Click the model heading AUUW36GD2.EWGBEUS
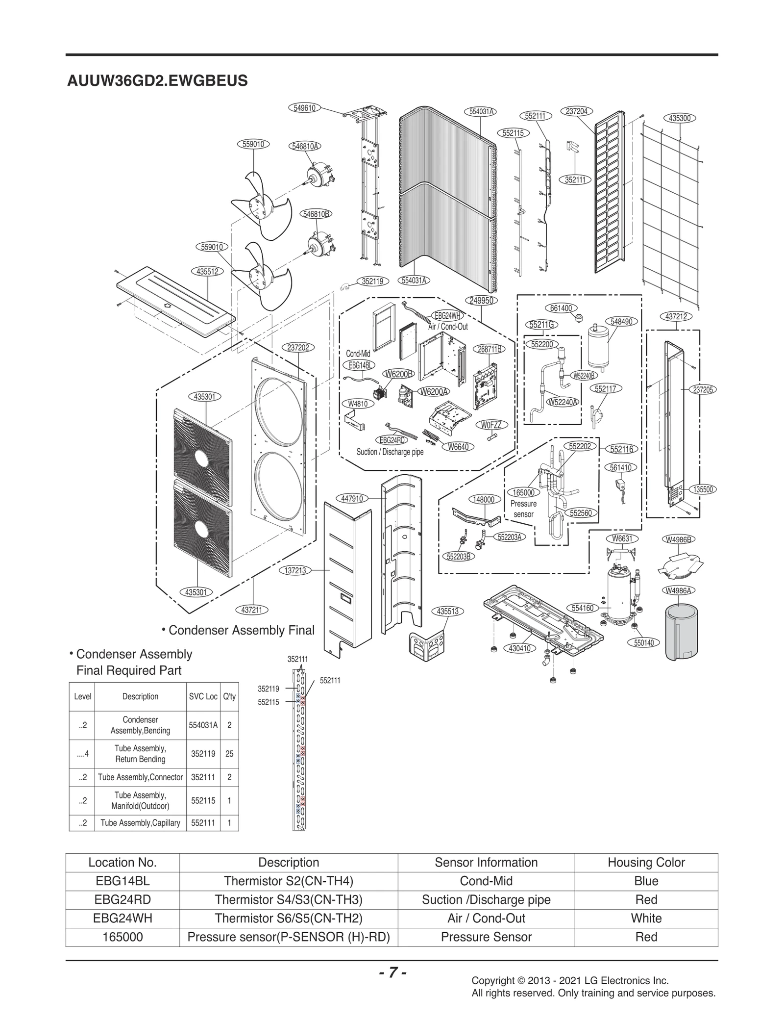tap(157, 80)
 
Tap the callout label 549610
tap(304, 108)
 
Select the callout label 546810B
tap(316, 214)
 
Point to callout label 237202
tap(298, 348)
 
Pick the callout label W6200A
tap(434, 391)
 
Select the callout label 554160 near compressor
tap(583, 608)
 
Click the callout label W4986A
tap(679, 590)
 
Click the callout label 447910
tap(352, 499)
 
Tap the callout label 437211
tap(251, 610)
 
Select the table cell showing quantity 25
tap(229, 754)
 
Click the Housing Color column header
tap(646, 863)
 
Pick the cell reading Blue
tap(646, 881)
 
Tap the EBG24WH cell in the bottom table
tap(122, 919)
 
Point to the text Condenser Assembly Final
tap(241, 630)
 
